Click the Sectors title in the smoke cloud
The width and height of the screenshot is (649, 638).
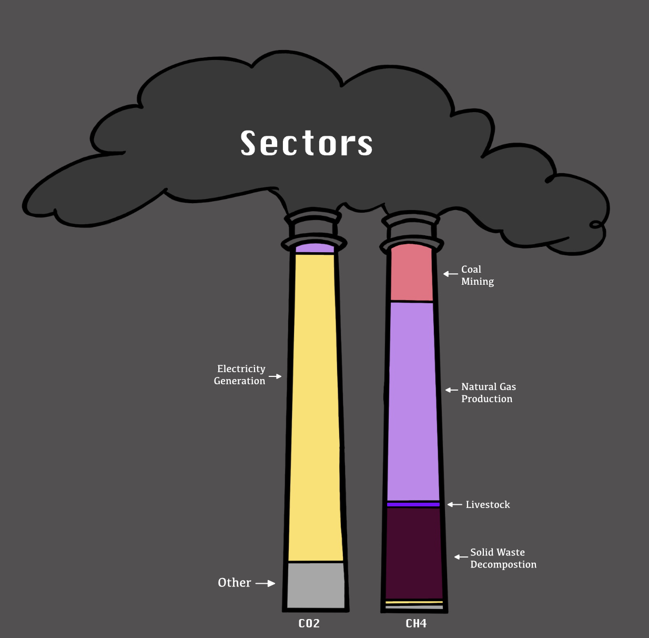307,143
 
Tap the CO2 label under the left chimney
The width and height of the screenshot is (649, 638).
309,624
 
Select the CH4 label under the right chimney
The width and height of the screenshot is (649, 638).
416,624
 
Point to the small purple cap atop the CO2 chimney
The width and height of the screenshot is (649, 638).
315,248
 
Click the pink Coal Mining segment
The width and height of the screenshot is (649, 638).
412,274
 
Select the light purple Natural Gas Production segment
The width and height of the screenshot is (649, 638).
413,400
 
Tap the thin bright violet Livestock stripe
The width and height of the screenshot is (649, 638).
413,504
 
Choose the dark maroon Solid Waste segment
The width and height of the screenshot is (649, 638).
414,553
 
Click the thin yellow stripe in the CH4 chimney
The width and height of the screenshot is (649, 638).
414,602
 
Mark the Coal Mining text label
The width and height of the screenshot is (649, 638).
478,275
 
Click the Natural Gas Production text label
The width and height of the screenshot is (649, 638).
489,393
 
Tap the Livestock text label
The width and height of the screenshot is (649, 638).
488,505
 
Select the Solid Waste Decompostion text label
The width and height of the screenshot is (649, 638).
503,559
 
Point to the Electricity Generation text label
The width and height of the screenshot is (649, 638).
240,375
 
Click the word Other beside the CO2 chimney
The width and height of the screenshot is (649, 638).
235,583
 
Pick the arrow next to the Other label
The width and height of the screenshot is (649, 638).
266,583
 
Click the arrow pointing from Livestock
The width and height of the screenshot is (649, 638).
455,505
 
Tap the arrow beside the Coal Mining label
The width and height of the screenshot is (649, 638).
451,274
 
